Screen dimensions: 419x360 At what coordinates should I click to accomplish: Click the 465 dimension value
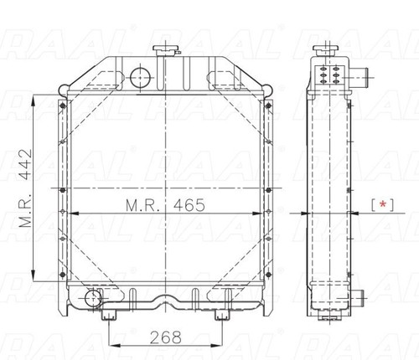189,205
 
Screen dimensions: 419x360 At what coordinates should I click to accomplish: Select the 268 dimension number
166,337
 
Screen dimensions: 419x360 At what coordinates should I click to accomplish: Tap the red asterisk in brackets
382,204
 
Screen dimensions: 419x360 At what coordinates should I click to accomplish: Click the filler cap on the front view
166,50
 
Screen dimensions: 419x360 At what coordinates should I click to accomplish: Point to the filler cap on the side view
326,50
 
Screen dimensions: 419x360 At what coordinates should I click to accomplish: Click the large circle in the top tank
140,77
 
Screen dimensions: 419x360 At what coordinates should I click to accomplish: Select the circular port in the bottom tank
93,299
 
